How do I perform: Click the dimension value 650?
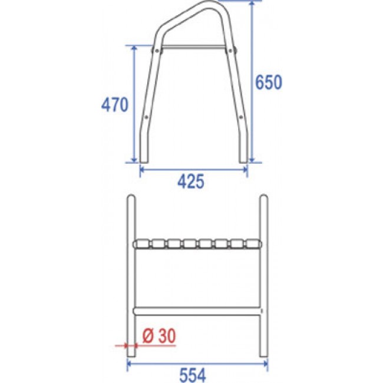(269, 82)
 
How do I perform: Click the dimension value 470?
(114, 105)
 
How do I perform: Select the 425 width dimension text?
(192, 182)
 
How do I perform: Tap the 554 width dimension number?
(193, 373)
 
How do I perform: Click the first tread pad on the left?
(143, 243)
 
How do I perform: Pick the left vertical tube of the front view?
(133, 277)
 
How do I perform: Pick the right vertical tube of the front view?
(263, 277)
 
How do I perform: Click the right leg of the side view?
(243, 118)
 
